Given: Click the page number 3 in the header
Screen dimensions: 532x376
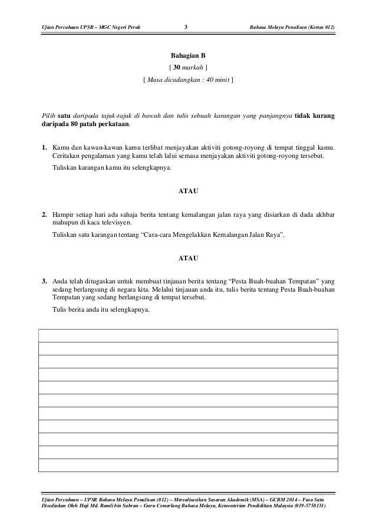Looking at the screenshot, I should point(186,28).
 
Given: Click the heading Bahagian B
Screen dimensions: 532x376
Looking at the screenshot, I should point(187,59).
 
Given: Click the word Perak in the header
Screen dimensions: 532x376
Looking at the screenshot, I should point(131,28).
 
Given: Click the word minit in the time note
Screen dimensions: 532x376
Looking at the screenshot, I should point(219,90).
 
